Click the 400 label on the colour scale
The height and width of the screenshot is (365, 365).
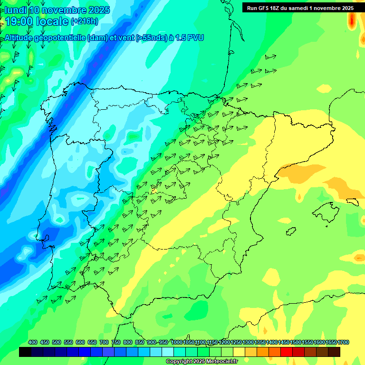click(x=33, y=342)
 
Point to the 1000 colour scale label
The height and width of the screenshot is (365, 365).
click(x=177, y=342)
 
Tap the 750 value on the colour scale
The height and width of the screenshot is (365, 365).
click(x=116, y=342)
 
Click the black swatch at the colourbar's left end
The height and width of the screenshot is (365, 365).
click(x=25, y=352)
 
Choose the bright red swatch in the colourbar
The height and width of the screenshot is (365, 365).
click(x=286, y=352)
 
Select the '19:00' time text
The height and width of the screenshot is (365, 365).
click(x=19, y=21)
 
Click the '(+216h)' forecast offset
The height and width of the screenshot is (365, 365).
click(x=84, y=22)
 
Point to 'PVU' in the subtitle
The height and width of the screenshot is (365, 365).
click(x=195, y=38)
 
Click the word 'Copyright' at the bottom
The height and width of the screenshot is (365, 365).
click(x=179, y=361)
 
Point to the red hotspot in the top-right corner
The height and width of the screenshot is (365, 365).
click(x=352, y=19)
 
